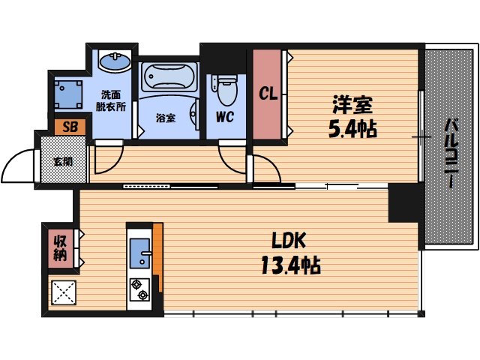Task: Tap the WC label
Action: pos(226,118)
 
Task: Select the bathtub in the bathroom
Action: pos(169,77)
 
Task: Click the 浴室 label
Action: pos(166,118)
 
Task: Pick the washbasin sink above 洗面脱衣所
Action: pos(113,61)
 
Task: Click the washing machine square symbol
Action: pos(69,93)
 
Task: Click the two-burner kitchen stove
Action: pos(139,289)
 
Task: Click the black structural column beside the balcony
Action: pos(406,202)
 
